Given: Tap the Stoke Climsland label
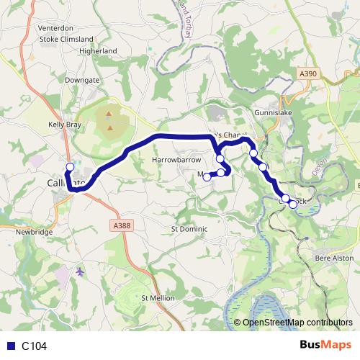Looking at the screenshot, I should tap(67, 39).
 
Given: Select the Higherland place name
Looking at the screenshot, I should tap(99, 51).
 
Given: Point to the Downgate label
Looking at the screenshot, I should tap(81, 80).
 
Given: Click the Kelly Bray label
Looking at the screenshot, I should tap(65, 125).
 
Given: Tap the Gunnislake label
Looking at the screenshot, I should tap(271, 113).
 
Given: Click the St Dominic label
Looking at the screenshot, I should tap(189, 229).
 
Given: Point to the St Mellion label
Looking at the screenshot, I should tap(158, 297).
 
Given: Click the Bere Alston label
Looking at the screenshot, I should tap(333, 256).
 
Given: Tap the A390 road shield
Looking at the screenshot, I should tap(308, 73).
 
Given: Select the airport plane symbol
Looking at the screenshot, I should tap(79, 271).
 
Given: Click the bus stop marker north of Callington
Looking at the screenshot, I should tap(70, 167).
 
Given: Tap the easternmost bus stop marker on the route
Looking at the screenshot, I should tap(293, 204).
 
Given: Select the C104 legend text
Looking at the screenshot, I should tap(34, 346).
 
